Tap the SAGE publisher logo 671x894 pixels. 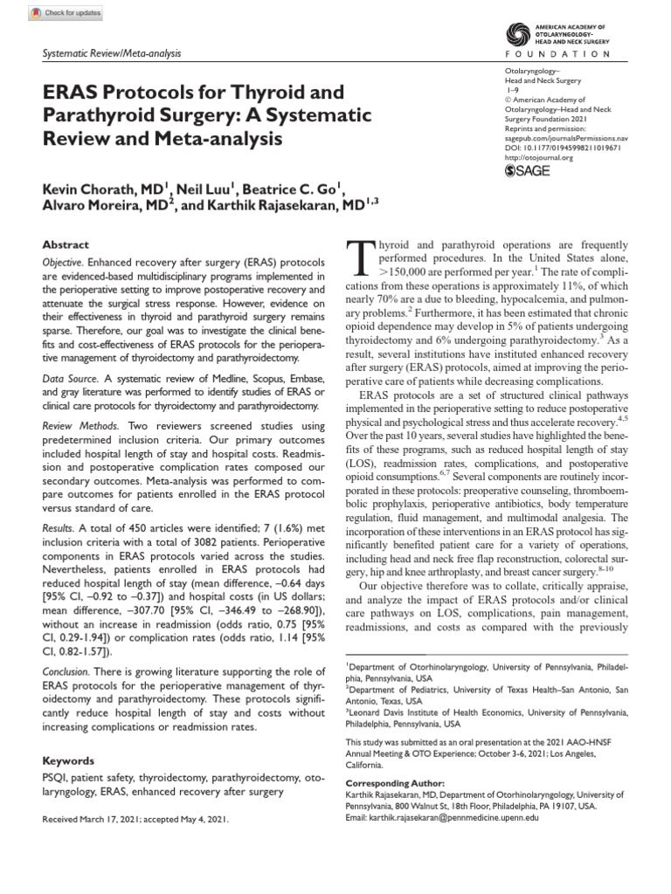pyautogui.click(x=529, y=171)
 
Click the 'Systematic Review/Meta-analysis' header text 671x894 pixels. pyautogui.click(x=112, y=54)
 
